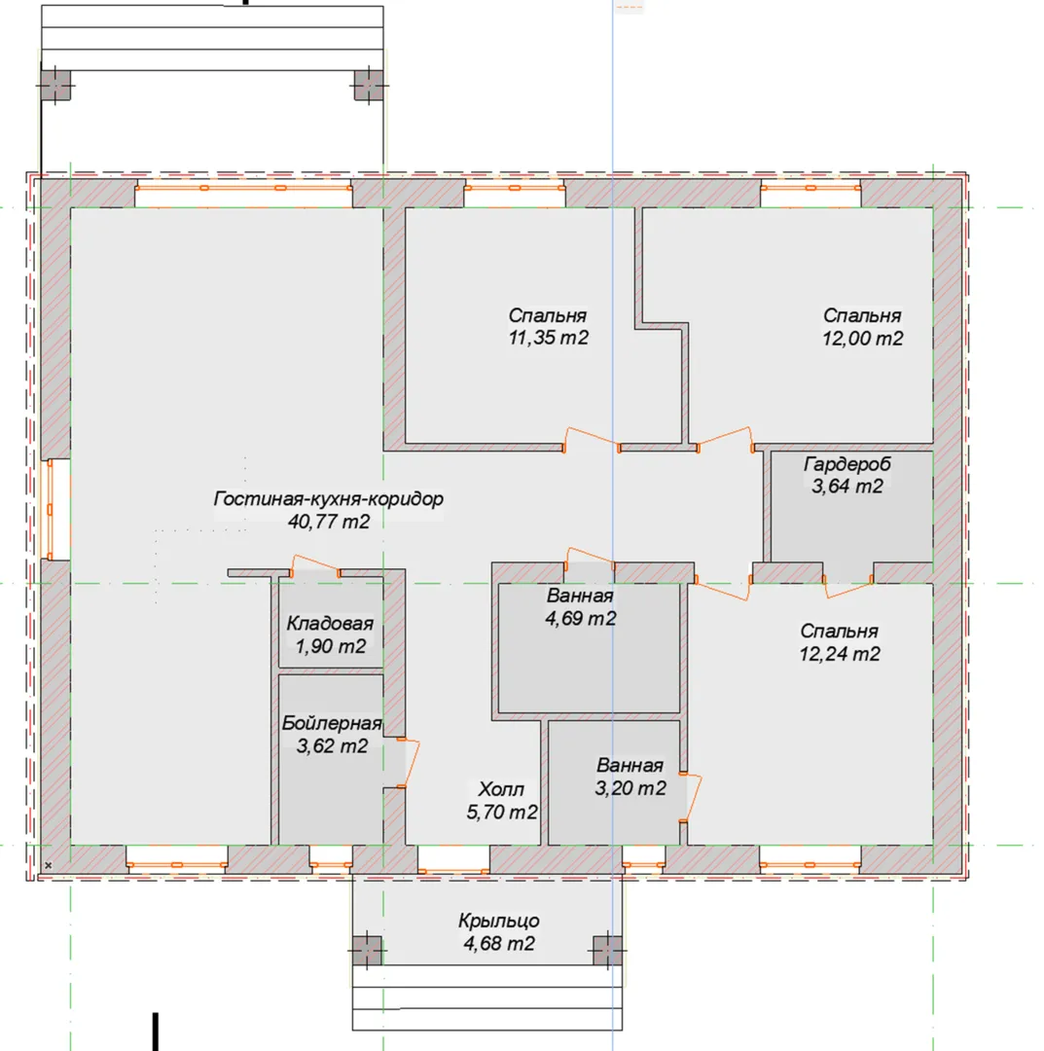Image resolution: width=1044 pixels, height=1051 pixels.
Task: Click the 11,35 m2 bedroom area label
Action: [548, 337]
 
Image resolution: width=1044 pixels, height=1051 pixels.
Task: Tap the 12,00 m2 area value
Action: [862, 338]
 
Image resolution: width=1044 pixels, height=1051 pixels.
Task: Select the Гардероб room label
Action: [847, 464]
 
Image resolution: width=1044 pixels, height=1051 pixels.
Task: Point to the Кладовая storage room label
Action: [330, 624]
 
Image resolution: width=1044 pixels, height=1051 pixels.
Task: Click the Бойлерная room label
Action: [332, 723]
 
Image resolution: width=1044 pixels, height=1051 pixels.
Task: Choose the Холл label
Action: [501, 789]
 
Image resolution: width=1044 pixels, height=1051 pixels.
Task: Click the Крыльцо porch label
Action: [498, 921]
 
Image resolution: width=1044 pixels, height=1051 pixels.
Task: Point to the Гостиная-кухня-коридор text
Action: [328, 498]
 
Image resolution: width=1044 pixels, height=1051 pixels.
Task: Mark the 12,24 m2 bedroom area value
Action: [839, 654]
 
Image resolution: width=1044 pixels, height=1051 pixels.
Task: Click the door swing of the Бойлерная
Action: [409, 763]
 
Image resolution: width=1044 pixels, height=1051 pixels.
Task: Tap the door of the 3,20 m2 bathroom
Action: [691, 798]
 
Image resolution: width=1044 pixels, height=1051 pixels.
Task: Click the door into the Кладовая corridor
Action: [315, 565]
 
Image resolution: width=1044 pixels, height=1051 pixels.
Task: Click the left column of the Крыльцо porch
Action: [367, 950]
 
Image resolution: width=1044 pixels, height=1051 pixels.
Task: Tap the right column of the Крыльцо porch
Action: [608, 950]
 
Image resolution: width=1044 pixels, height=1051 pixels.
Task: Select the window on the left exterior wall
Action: [50, 509]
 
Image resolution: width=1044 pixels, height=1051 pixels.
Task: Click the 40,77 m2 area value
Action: [328, 522]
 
